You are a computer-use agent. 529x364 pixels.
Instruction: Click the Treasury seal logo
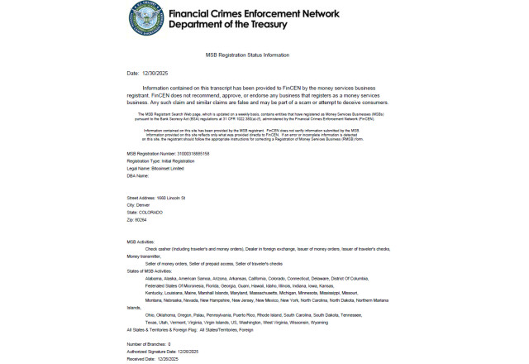(x=146, y=18)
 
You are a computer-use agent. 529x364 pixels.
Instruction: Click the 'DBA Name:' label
(x=137, y=175)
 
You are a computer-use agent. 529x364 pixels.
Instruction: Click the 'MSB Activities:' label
(x=141, y=242)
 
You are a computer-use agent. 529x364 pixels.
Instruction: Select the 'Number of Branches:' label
(x=146, y=343)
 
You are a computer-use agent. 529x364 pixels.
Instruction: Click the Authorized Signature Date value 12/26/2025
(x=192, y=351)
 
